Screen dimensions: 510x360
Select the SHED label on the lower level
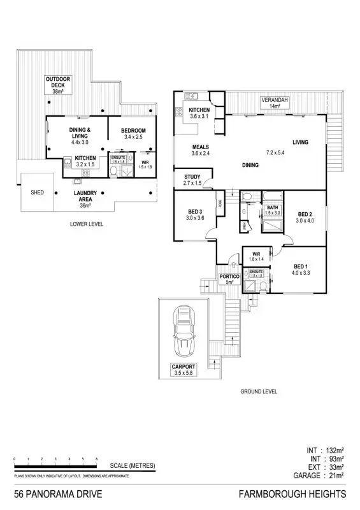38,191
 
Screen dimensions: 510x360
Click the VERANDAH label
275,101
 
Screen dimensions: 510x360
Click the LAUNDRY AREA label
85,196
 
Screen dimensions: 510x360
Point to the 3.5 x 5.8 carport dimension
182,374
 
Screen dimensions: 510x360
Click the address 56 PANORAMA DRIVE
57,495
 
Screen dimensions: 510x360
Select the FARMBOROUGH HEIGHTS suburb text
292,495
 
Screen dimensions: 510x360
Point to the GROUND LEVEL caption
258,391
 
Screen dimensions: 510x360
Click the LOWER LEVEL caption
87,224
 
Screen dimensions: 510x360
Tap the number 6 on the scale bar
97,459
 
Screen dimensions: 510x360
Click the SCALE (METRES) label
133,466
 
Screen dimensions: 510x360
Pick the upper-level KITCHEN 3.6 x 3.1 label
199,113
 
